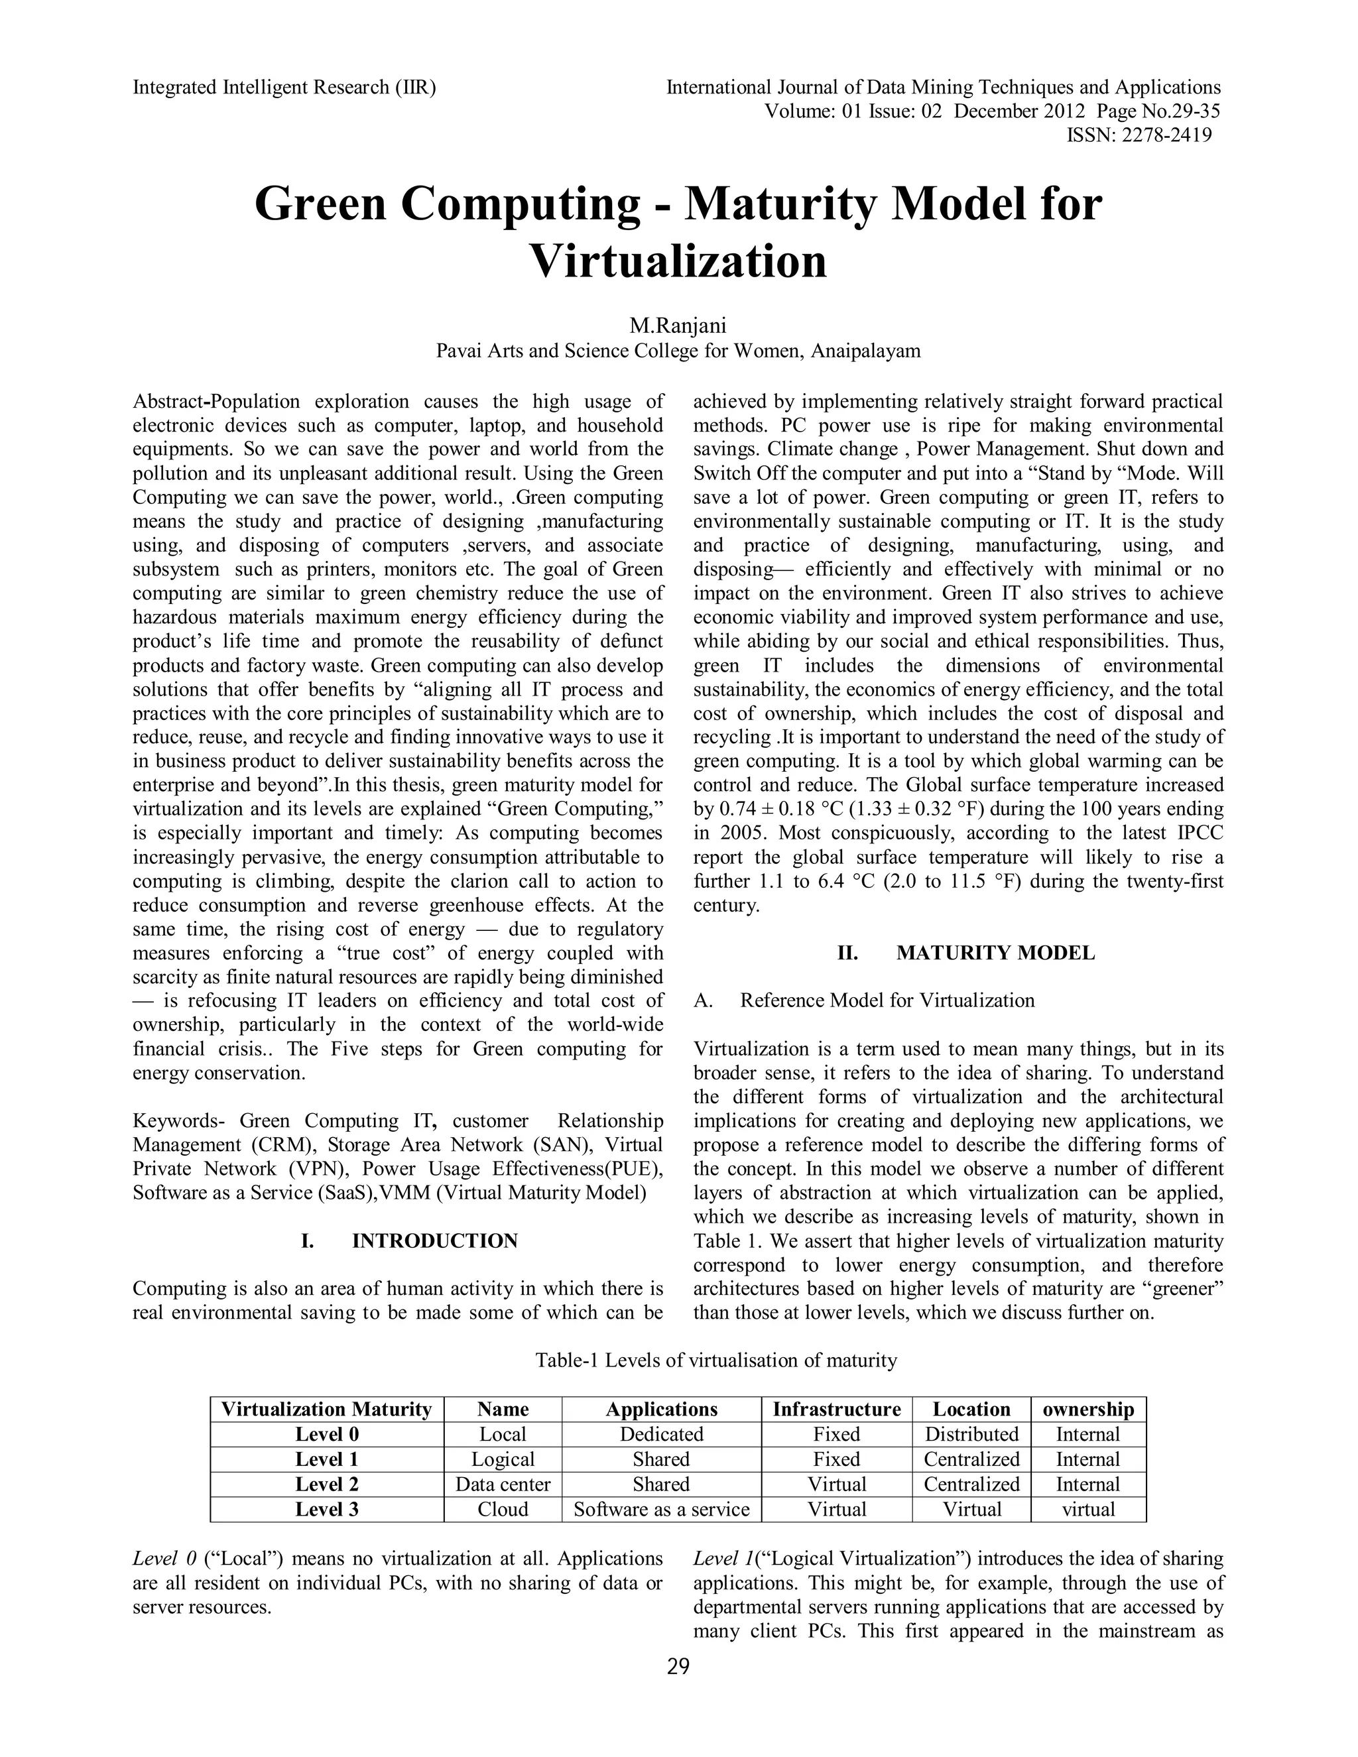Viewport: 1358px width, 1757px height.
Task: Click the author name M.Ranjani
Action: point(678,326)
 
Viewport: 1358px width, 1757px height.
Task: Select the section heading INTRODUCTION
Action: point(434,1241)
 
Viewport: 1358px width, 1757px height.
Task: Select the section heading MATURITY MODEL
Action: point(995,953)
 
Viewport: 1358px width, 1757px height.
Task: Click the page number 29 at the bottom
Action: point(678,1667)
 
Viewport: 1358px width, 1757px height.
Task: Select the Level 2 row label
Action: point(327,1484)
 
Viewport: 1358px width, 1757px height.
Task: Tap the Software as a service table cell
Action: point(661,1509)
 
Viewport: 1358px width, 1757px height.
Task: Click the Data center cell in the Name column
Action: point(503,1484)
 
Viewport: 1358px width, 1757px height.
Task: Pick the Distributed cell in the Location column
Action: point(971,1434)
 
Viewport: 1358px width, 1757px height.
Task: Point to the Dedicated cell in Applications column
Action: point(661,1434)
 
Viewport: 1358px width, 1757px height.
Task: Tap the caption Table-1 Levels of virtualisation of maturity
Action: point(716,1361)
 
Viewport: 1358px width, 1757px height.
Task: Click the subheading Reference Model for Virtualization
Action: point(887,1000)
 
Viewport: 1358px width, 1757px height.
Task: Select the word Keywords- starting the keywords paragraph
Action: point(180,1121)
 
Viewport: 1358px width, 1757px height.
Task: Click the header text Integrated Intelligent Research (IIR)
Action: point(284,87)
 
